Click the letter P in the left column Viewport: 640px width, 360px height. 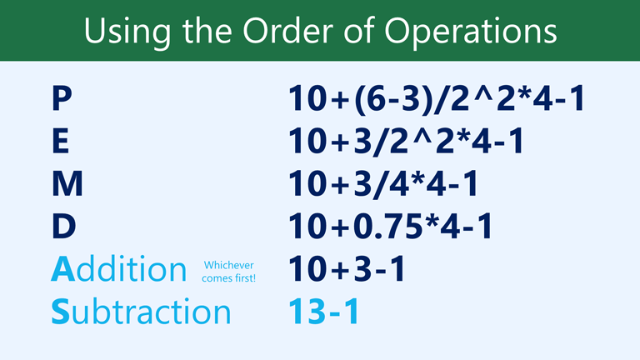[62, 99]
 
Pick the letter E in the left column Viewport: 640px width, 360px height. [60, 142]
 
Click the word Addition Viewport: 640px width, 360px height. [118, 269]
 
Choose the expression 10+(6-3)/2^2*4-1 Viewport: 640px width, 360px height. [433, 99]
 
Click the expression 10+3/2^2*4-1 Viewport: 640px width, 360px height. [406, 142]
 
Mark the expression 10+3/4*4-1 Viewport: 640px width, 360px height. [383, 184]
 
